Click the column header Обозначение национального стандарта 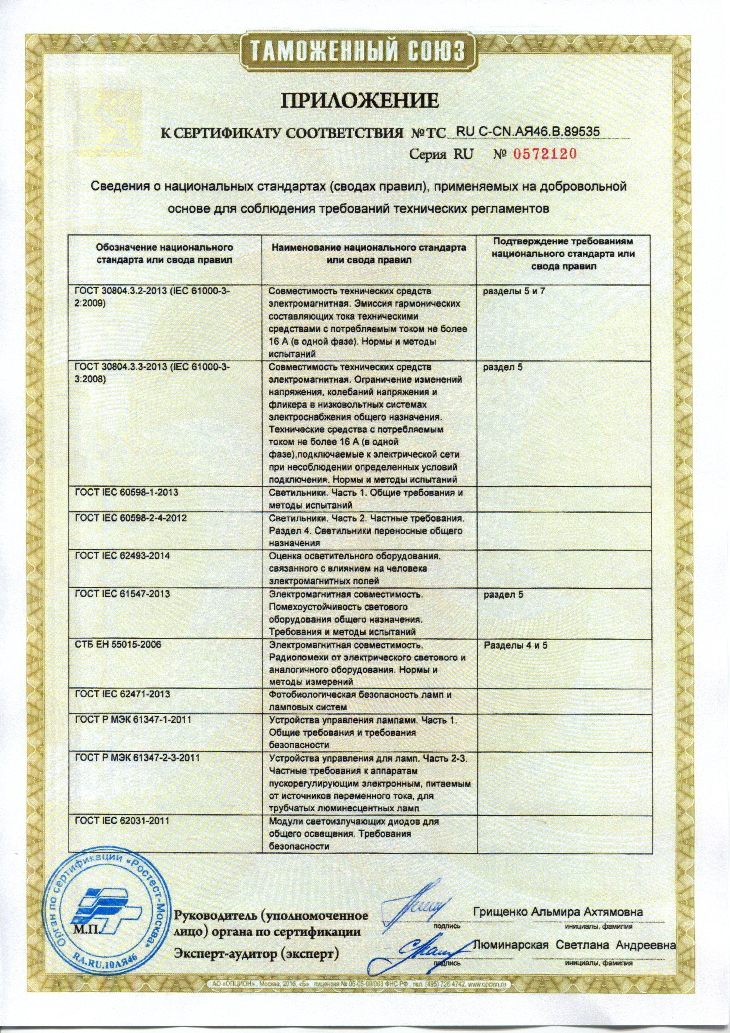pos(164,254)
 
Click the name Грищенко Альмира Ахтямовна pos(558,900)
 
